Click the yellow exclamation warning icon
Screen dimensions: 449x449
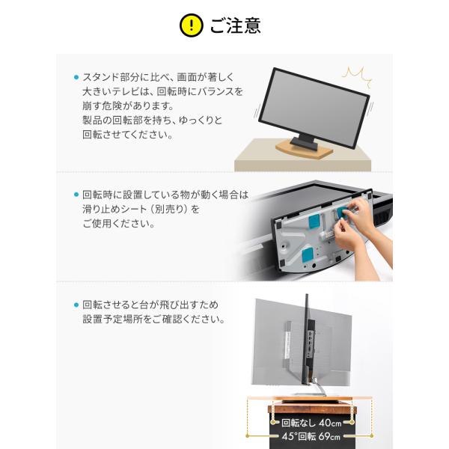(192, 25)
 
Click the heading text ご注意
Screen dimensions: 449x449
(236, 25)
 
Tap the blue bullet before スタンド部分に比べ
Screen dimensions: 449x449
(76, 77)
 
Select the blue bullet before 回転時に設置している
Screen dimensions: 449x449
(76, 195)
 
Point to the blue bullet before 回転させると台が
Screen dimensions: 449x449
(76, 305)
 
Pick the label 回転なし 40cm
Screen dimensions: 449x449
(311, 423)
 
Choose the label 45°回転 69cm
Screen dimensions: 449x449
(311, 436)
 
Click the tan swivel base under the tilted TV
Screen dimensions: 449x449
(304, 149)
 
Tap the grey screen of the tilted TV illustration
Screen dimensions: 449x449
(314, 108)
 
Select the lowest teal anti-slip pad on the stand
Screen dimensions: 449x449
(308, 255)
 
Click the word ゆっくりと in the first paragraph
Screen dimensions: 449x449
(201, 120)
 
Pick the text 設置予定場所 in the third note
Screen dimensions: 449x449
(112, 320)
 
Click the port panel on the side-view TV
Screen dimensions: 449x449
(311, 343)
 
